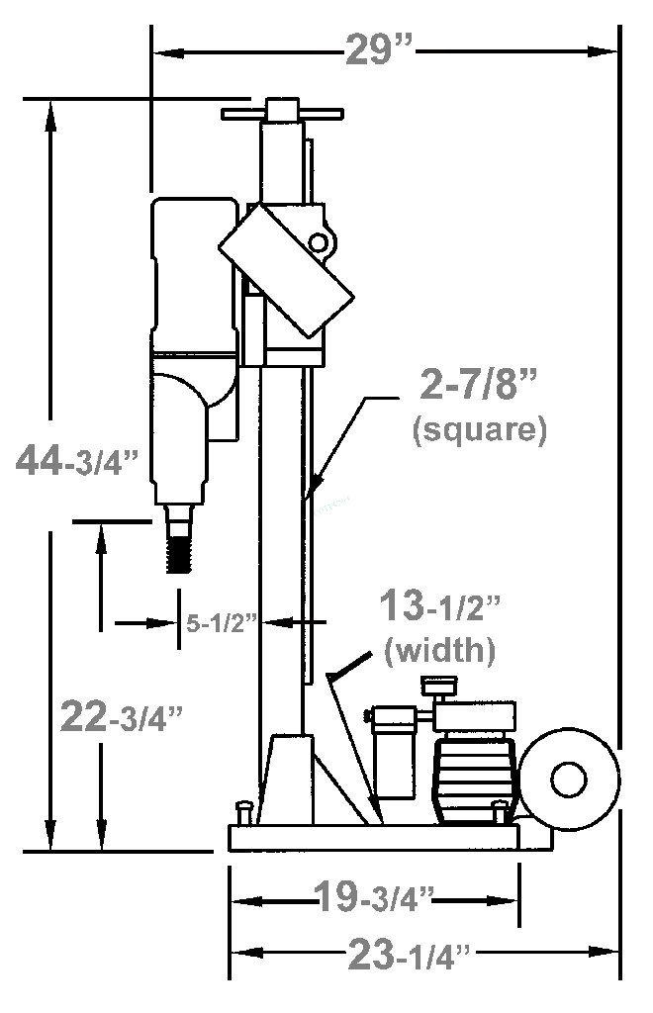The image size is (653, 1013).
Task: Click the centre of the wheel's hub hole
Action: coord(569,780)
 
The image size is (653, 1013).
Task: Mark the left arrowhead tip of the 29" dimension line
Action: coord(153,52)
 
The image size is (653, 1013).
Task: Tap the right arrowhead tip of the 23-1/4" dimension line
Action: coord(618,952)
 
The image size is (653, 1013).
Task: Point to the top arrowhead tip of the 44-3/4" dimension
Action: coord(50,102)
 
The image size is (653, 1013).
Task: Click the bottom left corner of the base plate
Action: coord(229,850)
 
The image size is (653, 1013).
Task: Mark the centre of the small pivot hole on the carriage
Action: coord(319,242)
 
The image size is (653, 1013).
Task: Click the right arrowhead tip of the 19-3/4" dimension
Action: coord(518,900)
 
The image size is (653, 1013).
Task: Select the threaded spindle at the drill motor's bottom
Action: coord(178,539)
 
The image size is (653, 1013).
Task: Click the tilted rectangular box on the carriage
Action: coord(286,271)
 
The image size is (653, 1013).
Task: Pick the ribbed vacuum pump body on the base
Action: coord(475,780)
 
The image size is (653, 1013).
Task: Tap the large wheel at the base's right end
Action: coord(569,780)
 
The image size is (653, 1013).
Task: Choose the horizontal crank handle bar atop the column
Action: coord(282,114)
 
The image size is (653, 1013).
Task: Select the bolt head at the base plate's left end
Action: coord(244,811)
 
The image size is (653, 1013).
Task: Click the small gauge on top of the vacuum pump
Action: coord(439,686)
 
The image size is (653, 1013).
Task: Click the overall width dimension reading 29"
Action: coord(379,49)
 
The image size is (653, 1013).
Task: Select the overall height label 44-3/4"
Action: coord(77,461)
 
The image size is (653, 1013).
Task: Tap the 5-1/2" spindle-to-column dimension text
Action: coord(222,623)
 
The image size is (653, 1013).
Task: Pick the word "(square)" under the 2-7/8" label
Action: coord(480,429)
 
